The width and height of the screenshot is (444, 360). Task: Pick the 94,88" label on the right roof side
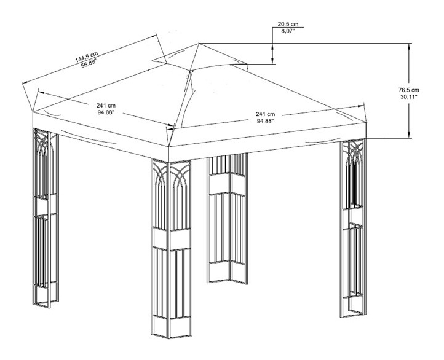265,121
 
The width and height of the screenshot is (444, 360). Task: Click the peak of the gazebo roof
199,43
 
